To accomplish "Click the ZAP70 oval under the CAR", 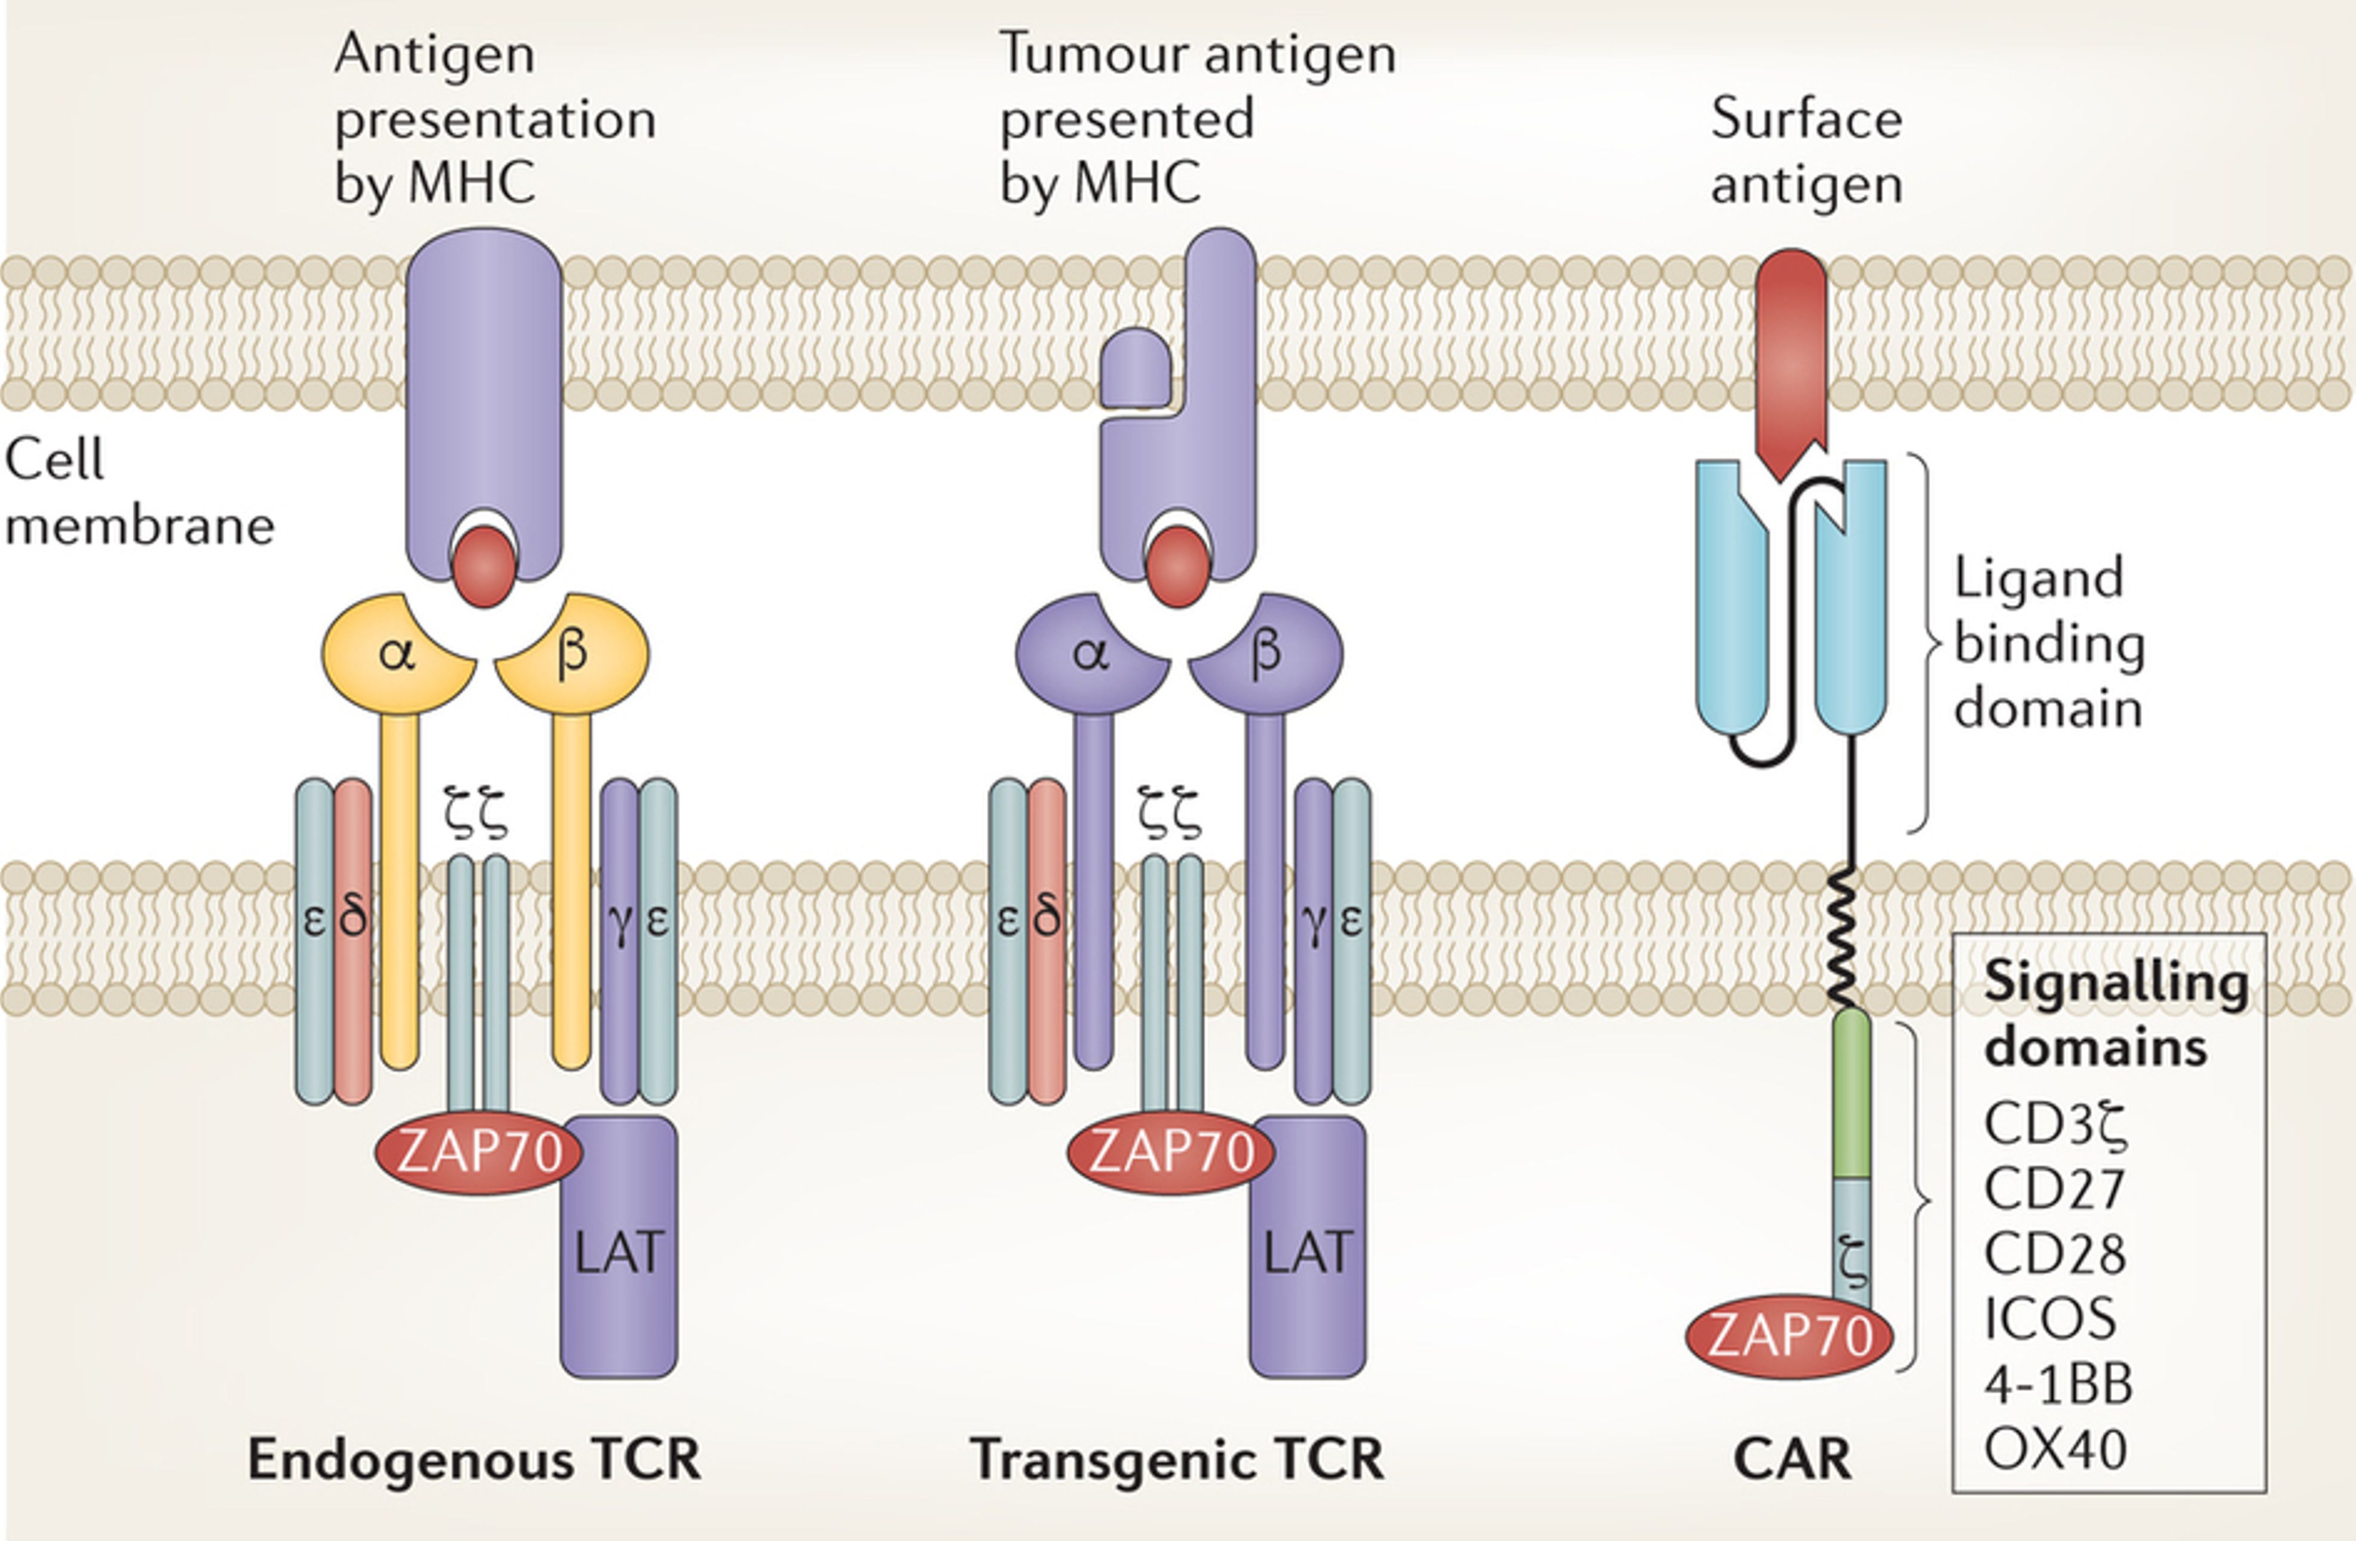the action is [x=1789, y=1336].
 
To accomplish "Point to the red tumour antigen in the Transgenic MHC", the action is [x=1178, y=566].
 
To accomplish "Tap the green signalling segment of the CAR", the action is [x=1851, y=1093].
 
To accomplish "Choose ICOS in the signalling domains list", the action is [x=2050, y=1318].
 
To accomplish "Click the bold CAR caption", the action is [x=1792, y=1459].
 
